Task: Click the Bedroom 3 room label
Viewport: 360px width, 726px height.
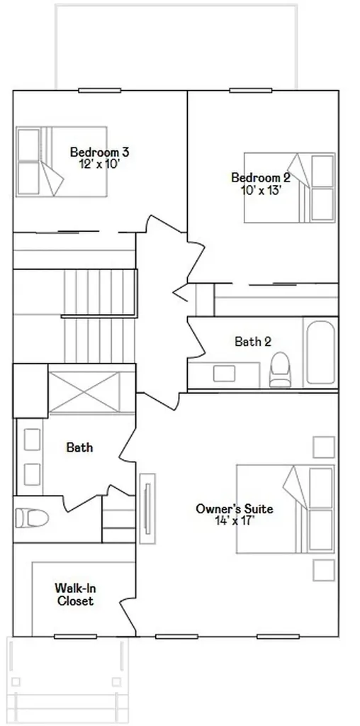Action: (99, 152)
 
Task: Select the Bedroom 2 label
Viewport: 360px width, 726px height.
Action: (261, 178)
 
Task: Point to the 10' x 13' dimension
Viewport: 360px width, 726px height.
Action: (261, 189)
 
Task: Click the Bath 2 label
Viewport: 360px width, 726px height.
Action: (253, 342)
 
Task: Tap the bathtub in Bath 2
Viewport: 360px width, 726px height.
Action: (320, 352)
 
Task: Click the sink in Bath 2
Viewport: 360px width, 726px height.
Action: (225, 374)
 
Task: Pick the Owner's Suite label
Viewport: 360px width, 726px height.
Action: (234, 509)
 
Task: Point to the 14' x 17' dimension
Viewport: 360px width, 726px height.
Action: (235, 520)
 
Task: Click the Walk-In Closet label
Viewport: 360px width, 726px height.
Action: (74, 595)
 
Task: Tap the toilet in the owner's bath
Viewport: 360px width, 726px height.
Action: (31, 518)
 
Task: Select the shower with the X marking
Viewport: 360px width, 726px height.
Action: (84, 392)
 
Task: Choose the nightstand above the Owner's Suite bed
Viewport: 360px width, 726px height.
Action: (323, 447)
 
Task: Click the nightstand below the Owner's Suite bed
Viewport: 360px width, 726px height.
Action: (323, 570)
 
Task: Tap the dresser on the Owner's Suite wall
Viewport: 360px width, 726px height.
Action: (147, 508)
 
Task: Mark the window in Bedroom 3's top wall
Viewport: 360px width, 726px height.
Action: (99, 90)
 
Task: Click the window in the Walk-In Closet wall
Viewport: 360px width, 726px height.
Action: (75, 637)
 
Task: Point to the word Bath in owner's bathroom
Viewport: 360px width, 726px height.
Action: (79, 447)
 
